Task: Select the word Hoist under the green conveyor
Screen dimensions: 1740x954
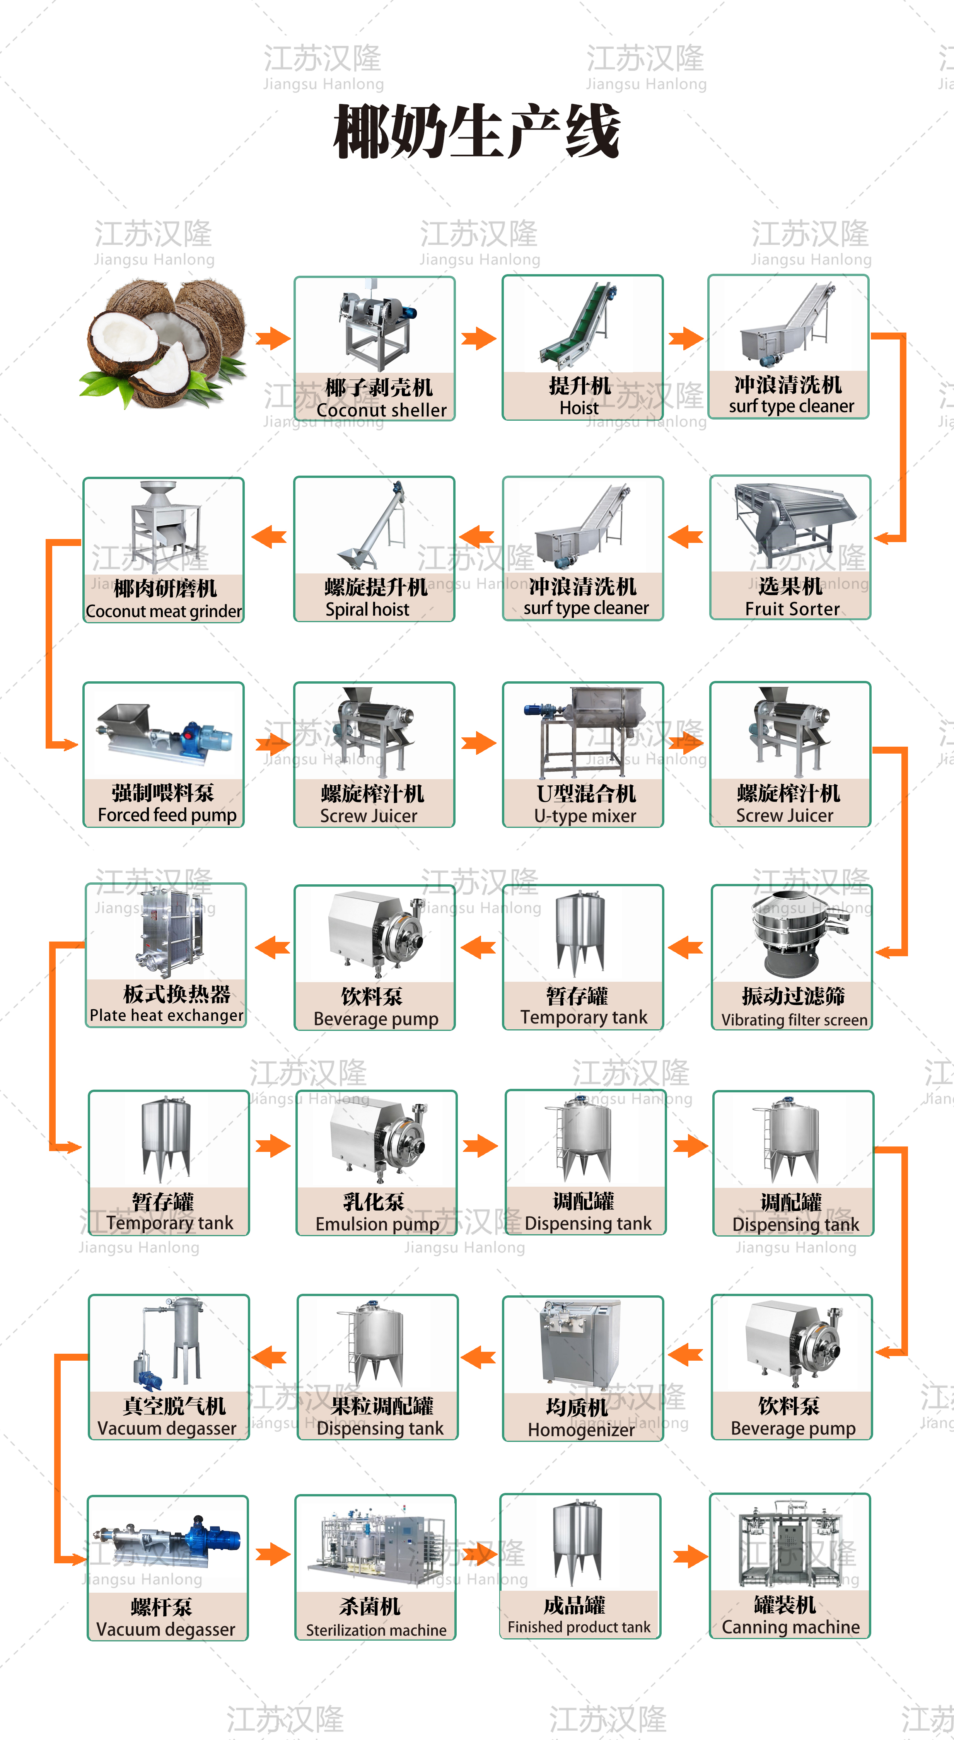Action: click(579, 408)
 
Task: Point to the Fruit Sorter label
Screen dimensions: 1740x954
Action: click(792, 609)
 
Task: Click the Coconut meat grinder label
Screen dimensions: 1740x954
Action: click(164, 611)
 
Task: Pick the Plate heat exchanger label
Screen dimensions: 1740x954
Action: click(166, 1015)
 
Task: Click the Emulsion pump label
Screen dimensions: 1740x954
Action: click(377, 1224)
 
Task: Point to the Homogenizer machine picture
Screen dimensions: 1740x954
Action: click(581, 1344)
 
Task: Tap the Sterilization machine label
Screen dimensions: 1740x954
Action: click(375, 1630)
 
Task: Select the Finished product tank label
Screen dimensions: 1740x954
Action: click(579, 1627)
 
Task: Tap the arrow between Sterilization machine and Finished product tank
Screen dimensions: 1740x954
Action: click(478, 1554)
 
